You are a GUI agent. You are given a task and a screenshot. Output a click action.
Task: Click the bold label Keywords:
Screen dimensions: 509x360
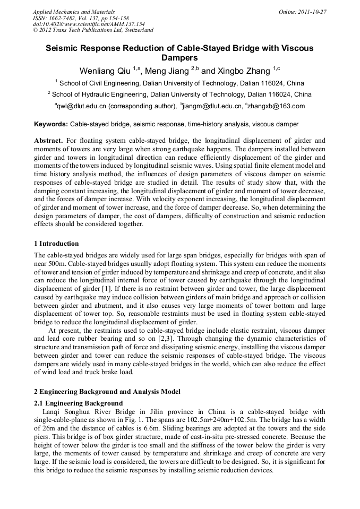pyautogui.click(x=51, y=124)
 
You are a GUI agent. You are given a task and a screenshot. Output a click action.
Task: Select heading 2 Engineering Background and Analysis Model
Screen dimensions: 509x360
pyautogui.click(x=106, y=392)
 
